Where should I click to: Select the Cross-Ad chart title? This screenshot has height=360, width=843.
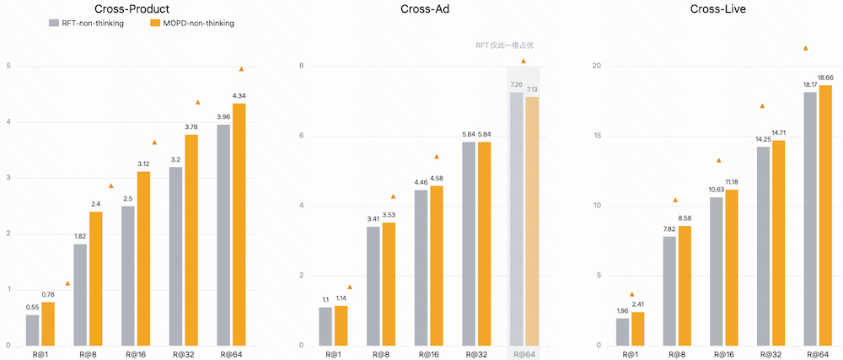click(x=419, y=8)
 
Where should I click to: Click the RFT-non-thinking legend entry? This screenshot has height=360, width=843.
click(x=86, y=24)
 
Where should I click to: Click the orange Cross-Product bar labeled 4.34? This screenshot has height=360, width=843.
click(x=239, y=224)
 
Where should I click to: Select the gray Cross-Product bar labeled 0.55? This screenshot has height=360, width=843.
click(x=32, y=330)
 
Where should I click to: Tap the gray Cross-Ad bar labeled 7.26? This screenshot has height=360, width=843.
click(x=516, y=218)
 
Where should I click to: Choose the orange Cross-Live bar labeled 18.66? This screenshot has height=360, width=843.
click(x=826, y=216)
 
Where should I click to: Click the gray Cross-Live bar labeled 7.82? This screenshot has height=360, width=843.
click(x=669, y=291)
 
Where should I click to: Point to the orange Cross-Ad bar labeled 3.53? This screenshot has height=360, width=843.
click(x=389, y=284)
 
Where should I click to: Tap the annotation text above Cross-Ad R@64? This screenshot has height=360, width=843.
click(x=504, y=46)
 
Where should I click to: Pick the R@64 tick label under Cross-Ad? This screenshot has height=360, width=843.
click(x=524, y=355)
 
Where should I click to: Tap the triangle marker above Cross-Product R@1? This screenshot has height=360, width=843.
click(x=67, y=283)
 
